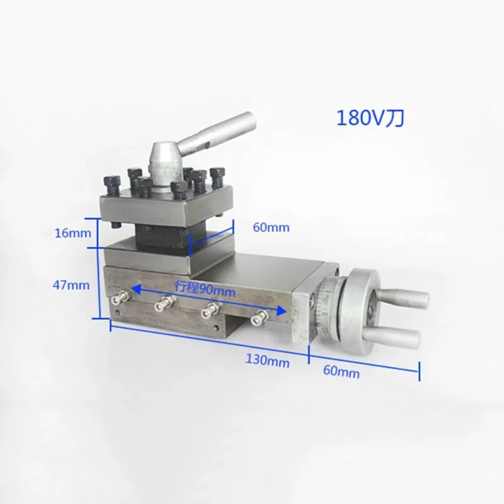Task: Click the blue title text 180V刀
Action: pyautogui.click(x=370, y=118)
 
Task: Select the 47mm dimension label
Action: pyautogui.click(x=71, y=285)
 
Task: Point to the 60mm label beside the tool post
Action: pyautogui.click(x=271, y=228)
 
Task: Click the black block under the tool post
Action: pyautogui.click(x=161, y=236)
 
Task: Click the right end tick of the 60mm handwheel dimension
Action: pyautogui.click(x=418, y=372)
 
